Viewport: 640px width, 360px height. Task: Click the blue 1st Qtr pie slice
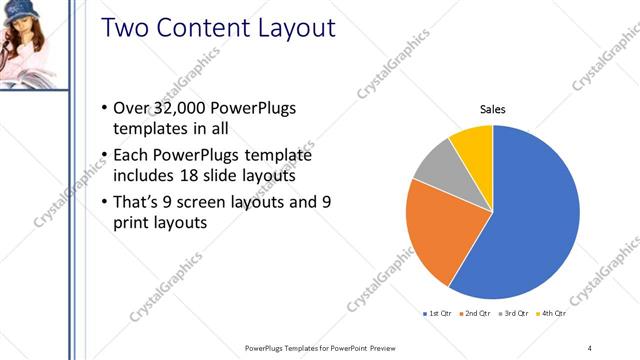point(530,220)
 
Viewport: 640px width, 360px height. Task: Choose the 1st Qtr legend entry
point(439,313)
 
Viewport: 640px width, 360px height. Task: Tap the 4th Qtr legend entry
point(549,313)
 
